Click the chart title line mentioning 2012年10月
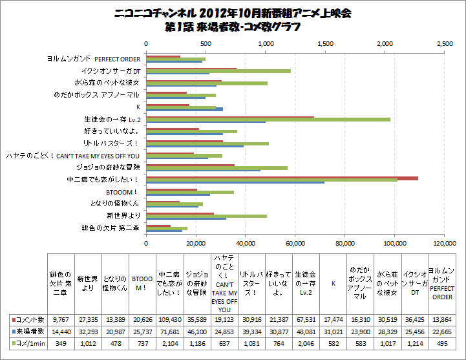233,14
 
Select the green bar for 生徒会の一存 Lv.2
268,119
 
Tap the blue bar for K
185,109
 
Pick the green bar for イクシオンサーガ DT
218,71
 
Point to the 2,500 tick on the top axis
445,43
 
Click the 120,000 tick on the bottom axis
445,244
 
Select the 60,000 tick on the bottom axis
295,244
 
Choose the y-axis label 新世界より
123,215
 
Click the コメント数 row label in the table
29,320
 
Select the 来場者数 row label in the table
29,330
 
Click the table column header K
333,282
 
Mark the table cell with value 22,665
442,330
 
